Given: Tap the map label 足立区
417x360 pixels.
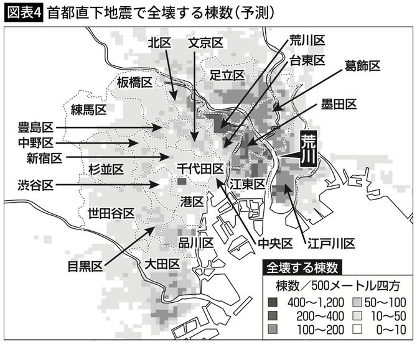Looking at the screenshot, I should tap(228, 75).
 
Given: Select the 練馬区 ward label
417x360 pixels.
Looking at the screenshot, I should tap(88, 109).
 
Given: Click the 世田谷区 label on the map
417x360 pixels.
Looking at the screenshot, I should tap(111, 213).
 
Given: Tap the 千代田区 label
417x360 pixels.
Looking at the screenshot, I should tap(200, 168).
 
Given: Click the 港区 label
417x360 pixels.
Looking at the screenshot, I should tap(192, 201).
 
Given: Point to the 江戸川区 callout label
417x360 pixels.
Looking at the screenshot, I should tap(330, 242).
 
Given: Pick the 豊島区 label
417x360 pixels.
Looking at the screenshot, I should tap(37, 128).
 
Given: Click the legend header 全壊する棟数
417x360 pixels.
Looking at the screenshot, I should tap(302, 268).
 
